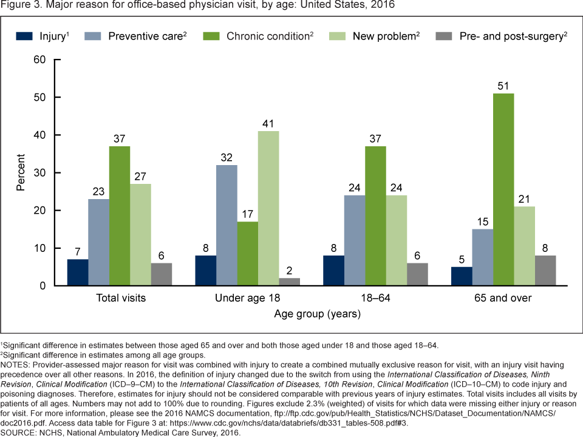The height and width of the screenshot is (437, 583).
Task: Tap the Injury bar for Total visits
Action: pyautogui.click(x=78, y=272)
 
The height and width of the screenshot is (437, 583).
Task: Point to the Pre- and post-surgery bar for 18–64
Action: pyautogui.click(x=417, y=274)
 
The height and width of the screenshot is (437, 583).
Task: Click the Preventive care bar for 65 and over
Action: pyautogui.click(x=482, y=257)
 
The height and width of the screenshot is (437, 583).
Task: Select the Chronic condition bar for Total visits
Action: pyautogui.click(x=120, y=215)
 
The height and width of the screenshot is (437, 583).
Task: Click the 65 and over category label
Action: pyautogui.click(x=503, y=298)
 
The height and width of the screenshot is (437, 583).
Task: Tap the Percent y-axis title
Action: pyautogui.click(x=21, y=172)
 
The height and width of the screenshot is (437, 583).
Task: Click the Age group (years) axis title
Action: pyautogui.click(x=317, y=314)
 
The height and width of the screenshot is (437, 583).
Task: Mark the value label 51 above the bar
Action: pyautogui.click(x=504, y=86)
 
